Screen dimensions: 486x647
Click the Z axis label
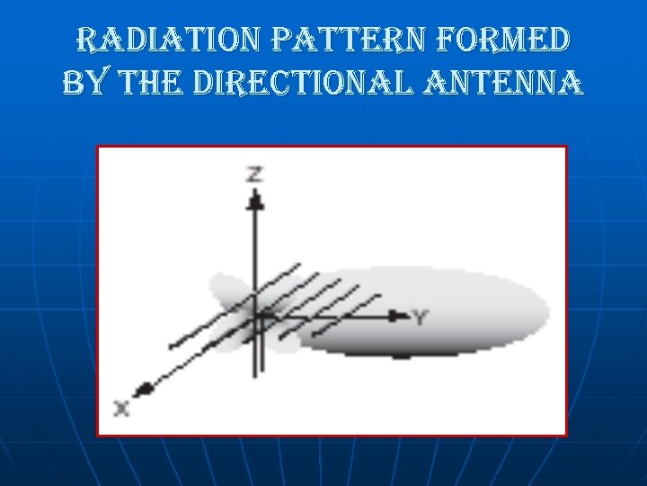click(x=255, y=175)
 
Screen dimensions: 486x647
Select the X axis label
click(x=122, y=408)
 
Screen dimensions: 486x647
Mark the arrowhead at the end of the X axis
click(x=141, y=390)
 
